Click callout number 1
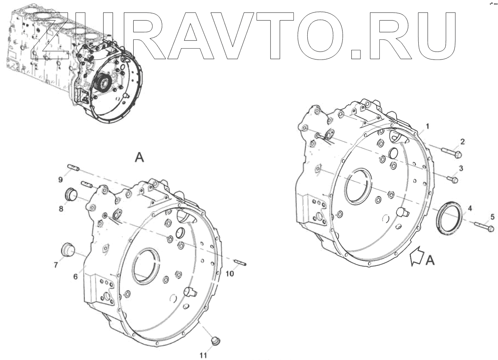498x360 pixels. click(428, 126)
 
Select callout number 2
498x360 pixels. click(462, 142)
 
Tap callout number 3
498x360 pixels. click(460, 168)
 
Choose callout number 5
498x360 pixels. click(493, 217)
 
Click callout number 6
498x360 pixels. click(75, 277)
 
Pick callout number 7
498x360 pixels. click(55, 264)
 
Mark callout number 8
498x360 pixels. click(61, 207)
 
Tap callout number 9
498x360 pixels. click(60, 179)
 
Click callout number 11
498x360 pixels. click(203, 355)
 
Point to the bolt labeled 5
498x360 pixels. click(484, 227)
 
